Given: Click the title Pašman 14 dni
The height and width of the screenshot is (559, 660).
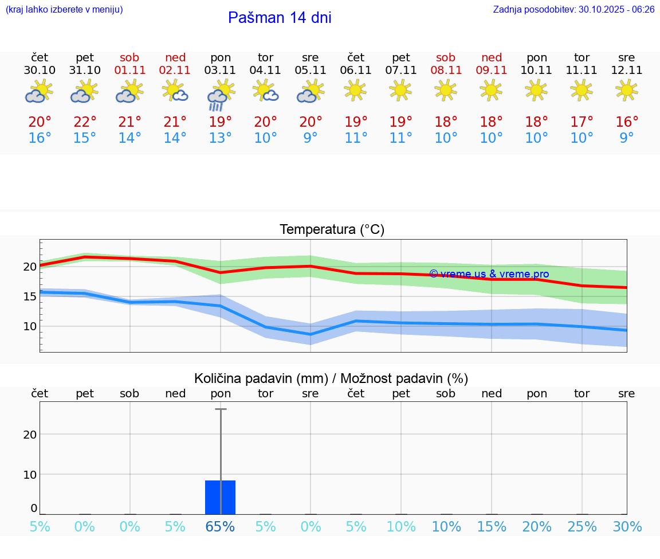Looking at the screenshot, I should click(280, 18).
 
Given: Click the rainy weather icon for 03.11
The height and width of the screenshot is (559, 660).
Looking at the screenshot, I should click(220, 95).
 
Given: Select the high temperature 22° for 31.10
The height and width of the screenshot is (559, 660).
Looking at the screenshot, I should click(85, 122).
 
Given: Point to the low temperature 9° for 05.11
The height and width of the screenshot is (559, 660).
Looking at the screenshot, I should click(311, 138).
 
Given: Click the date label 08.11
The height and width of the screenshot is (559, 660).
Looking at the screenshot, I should click(446, 71).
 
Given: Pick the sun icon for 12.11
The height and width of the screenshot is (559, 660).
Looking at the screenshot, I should click(627, 90).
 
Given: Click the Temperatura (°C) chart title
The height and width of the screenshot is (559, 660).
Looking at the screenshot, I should click(332, 230).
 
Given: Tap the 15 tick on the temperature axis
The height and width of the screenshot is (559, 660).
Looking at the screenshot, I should click(30, 296).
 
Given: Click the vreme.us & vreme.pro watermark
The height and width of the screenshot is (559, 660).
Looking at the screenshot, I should click(489, 274).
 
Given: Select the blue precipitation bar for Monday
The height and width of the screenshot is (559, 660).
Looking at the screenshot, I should click(221, 497).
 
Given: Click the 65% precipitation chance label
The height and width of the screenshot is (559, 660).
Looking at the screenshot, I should click(221, 527).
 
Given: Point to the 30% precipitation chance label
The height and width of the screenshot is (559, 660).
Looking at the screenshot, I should click(627, 527).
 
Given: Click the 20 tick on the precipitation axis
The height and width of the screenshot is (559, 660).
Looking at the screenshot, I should click(30, 434).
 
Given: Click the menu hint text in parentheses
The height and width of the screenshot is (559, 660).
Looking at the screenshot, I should click(64, 9).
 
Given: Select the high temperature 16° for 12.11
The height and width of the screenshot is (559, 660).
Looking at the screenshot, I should click(627, 122).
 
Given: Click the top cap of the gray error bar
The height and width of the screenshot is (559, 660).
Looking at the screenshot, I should click(221, 409).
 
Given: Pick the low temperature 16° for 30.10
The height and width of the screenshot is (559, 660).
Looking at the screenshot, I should click(40, 138).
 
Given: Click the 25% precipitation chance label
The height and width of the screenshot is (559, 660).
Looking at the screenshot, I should click(582, 527).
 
